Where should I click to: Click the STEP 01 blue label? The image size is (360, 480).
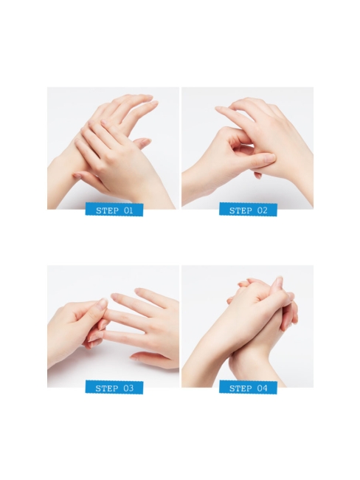pyautogui.click(x=114, y=210)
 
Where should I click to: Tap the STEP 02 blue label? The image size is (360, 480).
pyautogui.click(x=248, y=210)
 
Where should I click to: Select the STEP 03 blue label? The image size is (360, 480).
pyautogui.click(x=114, y=388)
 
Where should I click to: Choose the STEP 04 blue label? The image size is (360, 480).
pyautogui.click(x=248, y=388)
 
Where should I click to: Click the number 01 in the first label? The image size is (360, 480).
pyautogui.click(x=128, y=210)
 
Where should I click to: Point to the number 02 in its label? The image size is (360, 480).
pyautogui.click(x=263, y=210)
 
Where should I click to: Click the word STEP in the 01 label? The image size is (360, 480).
pyautogui.click(x=106, y=210)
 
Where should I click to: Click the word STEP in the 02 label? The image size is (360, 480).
pyautogui.click(x=240, y=210)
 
